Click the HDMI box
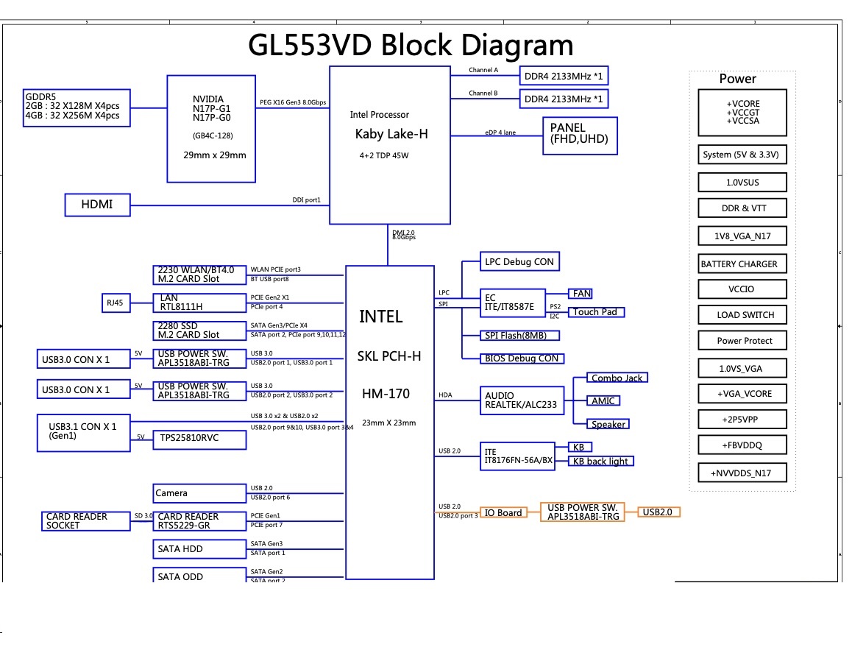coord(97,205)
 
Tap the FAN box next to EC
coord(581,293)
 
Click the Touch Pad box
coord(597,312)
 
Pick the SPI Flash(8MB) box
coord(520,335)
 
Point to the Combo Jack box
coord(617,378)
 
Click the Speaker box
coord(608,424)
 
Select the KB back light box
coord(600,461)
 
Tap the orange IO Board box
coord(504,512)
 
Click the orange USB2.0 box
coord(658,512)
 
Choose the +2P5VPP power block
coord(743,419)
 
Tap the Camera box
coord(199,493)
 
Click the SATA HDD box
coord(199,549)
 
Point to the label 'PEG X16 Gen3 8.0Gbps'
coord(293,102)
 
